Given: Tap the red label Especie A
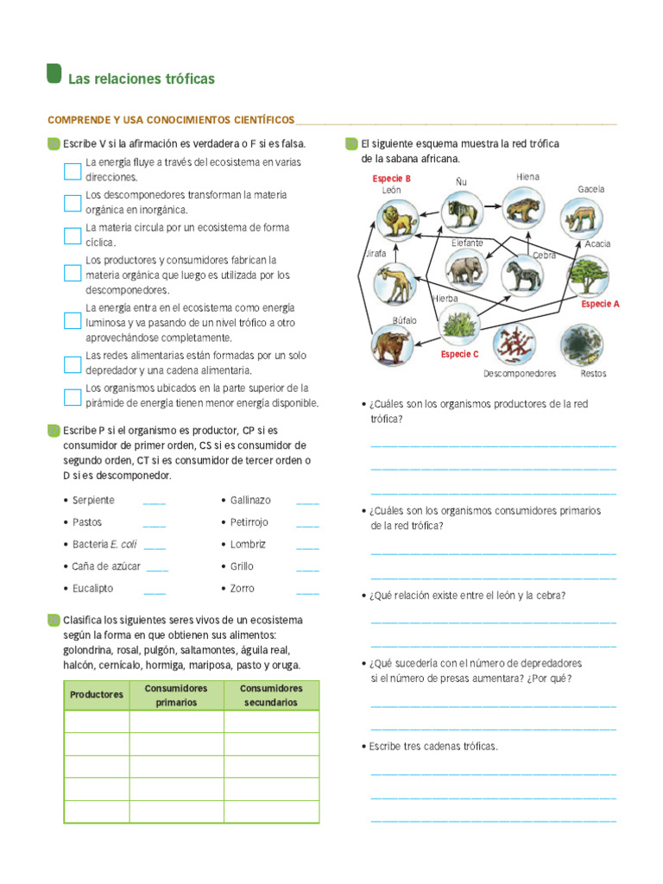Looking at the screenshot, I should click(x=600, y=304).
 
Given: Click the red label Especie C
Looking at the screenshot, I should click(x=459, y=354).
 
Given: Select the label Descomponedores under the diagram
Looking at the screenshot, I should click(x=520, y=374).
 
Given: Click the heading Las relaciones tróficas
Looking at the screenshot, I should click(x=142, y=79).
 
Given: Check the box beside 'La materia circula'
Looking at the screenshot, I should click(x=73, y=236).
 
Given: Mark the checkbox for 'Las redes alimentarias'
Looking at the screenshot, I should click(x=73, y=363).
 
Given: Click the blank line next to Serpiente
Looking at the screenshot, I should click(x=154, y=501).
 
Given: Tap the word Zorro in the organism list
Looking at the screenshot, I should click(x=243, y=589).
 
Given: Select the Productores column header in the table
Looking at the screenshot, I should click(x=97, y=695).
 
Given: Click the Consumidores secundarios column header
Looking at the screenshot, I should click(x=271, y=695).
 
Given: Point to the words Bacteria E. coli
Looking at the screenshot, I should click(x=104, y=545).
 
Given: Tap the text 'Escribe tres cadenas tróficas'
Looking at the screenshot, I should click(x=433, y=746).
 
